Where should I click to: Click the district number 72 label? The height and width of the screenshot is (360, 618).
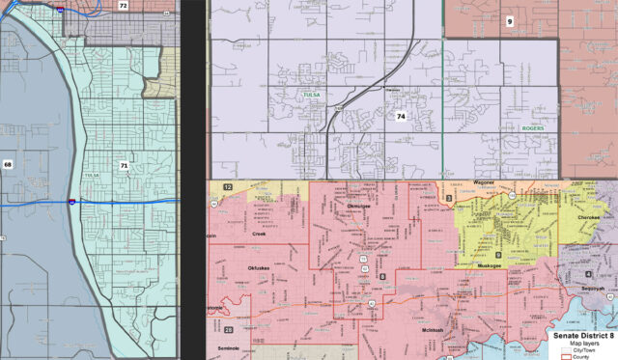(x=123, y=6)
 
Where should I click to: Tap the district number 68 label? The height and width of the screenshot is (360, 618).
(x=8, y=164)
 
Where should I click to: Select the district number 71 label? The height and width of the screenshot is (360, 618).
(x=124, y=166)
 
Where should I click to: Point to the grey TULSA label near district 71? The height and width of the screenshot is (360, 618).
(x=92, y=175)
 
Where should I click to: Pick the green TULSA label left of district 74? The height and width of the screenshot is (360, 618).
(x=312, y=97)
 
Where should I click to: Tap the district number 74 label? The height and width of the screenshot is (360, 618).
(x=400, y=116)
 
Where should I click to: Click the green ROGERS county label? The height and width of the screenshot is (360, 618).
(x=532, y=128)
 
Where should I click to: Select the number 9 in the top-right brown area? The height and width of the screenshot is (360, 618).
(x=511, y=19)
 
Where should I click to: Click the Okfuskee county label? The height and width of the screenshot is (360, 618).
(x=261, y=267)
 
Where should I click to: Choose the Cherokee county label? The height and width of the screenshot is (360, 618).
(x=588, y=218)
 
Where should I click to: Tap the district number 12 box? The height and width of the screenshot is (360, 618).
(x=228, y=185)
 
